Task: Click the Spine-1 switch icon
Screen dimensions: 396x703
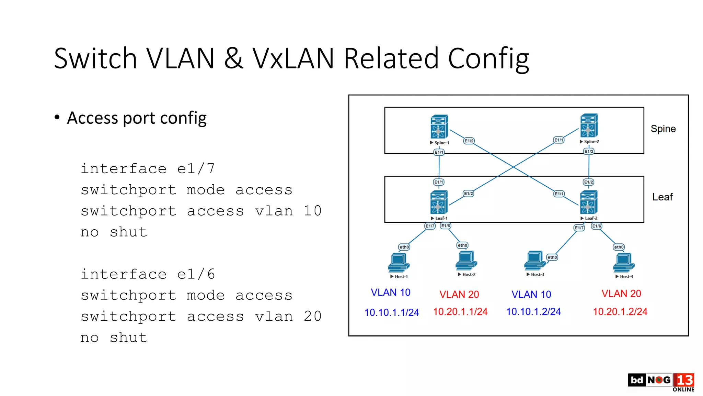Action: point(439,126)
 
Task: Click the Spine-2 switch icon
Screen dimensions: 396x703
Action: point(589,125)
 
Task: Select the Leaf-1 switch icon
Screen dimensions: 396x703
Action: point(439,202)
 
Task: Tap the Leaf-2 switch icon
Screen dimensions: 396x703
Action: point(589,202)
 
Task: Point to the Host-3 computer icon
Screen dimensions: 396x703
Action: point(534,261)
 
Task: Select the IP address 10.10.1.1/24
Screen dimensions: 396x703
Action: point(392,312)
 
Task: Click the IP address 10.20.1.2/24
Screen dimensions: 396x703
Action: point(620,311)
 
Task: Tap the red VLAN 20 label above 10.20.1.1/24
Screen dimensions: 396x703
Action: point(459,294)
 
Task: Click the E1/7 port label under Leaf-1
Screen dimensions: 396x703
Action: point(430,226)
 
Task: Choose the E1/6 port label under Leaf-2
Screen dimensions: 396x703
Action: point(597,226)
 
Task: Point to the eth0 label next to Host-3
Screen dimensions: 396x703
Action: point(552,257)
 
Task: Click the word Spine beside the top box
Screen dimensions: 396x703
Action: point(663,129)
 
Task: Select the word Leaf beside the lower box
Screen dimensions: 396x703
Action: point(662,197)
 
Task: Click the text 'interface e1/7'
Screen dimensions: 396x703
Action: point(148,168)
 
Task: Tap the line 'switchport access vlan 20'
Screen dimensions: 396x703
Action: point(201,316)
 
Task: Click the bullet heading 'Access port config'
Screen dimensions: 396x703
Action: point(137,118)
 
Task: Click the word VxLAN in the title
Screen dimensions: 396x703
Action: point(293,58)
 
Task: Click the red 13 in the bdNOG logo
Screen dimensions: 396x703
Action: point(684,380)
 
